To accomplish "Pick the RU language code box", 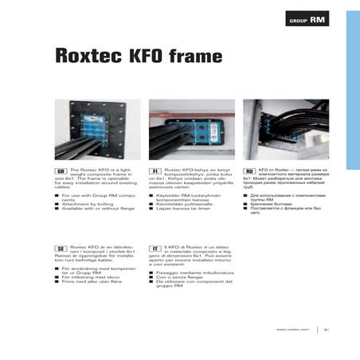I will point(250,171).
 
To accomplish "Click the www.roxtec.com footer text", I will point(292,330).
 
